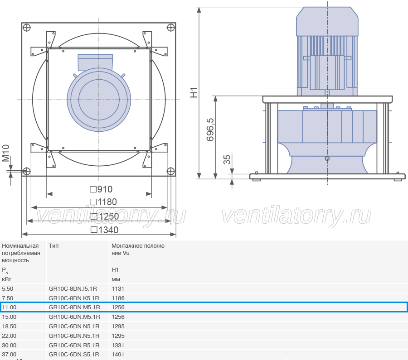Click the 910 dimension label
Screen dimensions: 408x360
coord(101,189)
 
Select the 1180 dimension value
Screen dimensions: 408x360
coord(103,202)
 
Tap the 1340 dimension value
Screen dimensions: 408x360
coord(104,230)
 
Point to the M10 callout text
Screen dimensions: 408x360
coord(6,153)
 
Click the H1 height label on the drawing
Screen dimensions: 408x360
coord(194,92)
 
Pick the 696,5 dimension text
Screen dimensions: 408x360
coord(210,130)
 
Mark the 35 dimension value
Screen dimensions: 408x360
coord(227,159)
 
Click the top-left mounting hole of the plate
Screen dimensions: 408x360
coord(27,27)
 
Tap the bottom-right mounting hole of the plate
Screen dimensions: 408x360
coord(171,171)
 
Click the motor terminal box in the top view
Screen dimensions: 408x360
coord(95,62)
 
